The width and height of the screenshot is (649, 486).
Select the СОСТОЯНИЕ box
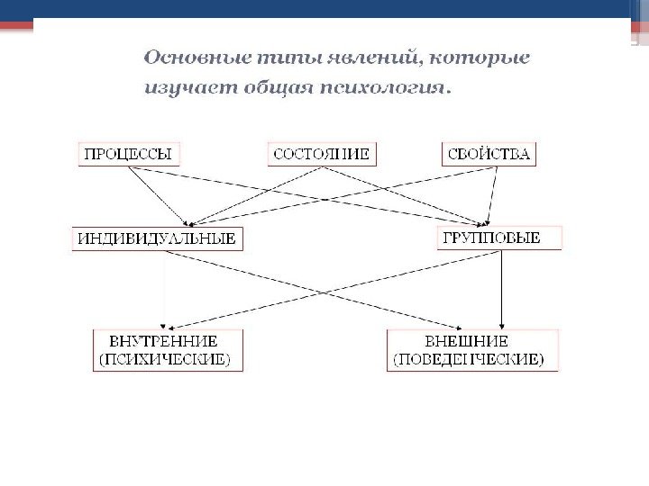[x=321, y=154]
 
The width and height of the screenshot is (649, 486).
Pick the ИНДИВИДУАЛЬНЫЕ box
[x=157, y=238]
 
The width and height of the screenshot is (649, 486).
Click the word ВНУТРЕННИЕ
[x=163, y=341]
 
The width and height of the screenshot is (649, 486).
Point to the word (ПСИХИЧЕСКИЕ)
[x=163, y=359]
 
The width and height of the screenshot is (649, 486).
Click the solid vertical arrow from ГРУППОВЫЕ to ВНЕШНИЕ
[x=501, y=288]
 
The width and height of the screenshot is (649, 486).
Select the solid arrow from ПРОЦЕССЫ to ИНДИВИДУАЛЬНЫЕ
[x=158, y=194]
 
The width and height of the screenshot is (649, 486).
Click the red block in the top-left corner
[x=15, y=25]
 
